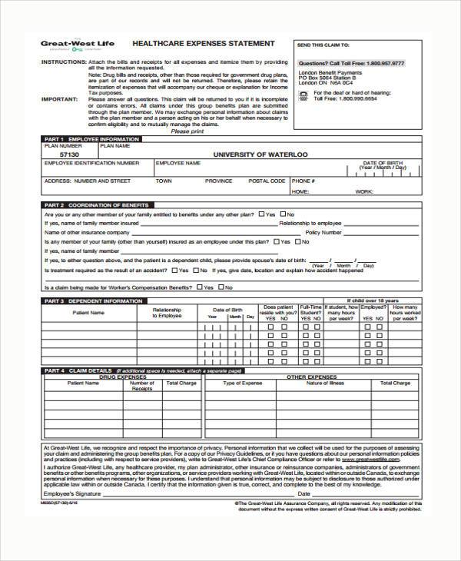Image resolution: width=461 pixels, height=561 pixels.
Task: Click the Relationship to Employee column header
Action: [166, 313]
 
